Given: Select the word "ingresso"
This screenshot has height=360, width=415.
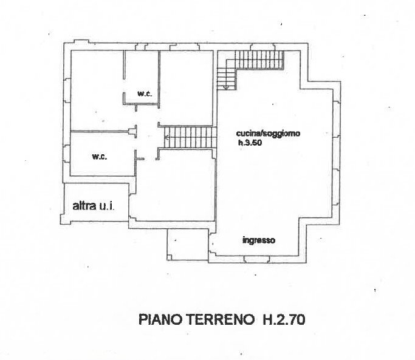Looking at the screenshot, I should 259,240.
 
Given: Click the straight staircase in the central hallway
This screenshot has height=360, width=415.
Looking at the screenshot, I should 190,138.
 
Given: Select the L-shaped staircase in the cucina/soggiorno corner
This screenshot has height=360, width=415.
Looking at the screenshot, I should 250,63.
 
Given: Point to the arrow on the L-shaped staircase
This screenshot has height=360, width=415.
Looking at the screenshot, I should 226,87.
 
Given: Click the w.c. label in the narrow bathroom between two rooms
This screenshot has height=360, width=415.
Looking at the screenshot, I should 144,93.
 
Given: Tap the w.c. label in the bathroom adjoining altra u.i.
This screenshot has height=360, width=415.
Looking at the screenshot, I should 99,157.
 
